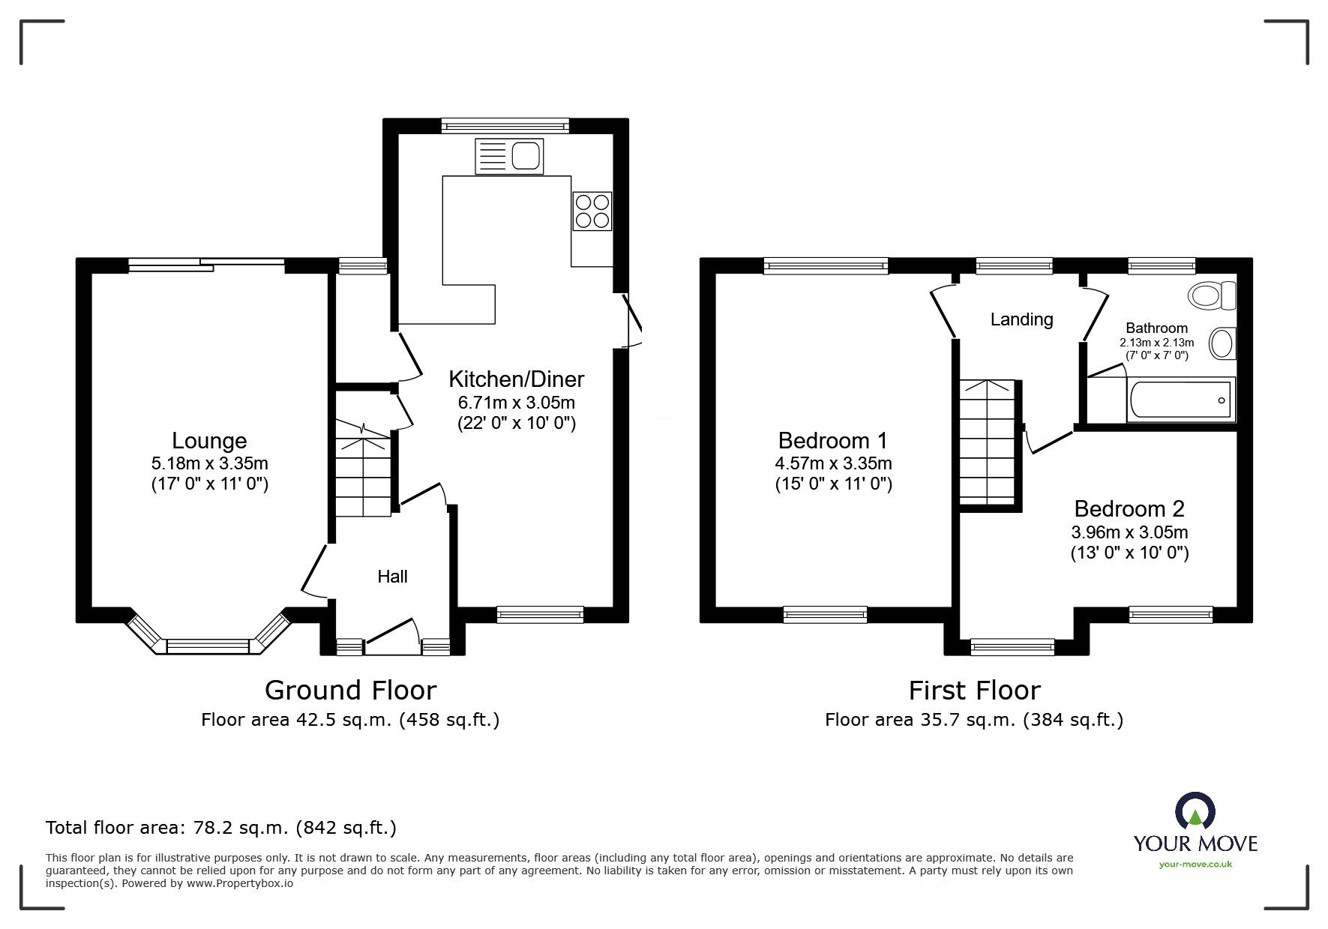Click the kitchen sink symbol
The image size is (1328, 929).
(508, 157)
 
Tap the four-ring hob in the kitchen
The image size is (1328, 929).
(592, 211)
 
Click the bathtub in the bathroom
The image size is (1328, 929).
(1180, 400)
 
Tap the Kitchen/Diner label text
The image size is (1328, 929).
(516, 379)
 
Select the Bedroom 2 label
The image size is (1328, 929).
(1129, 508)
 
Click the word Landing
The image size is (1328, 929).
(1021, 319)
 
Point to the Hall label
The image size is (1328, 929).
(392, 576)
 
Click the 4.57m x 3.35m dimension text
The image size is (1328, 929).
(833, 463)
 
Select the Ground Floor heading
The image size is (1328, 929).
(350, 690)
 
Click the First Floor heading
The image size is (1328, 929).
(974, 690)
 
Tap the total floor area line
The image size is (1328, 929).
(221, 828)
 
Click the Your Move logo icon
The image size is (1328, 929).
(1195, 812)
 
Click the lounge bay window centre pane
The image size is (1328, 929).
(208, 646)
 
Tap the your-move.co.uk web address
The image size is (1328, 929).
(1195, 865)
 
